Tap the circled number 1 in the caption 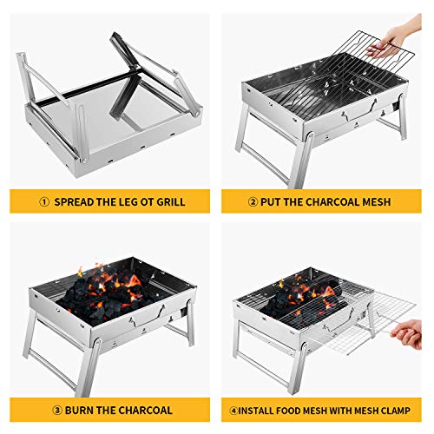(x=40, y=202)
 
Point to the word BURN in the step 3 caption (x=73, y=410)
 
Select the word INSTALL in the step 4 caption (x=260, y=410)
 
